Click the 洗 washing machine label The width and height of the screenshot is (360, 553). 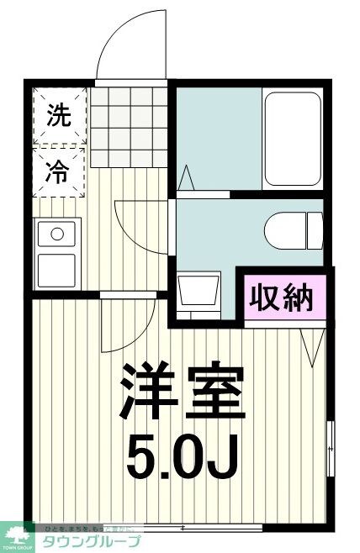[59, 117]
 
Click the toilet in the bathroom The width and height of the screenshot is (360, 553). [292, 229]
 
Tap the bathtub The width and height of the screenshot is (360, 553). [292, 139]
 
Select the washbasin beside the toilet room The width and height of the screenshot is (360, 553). [200, 291]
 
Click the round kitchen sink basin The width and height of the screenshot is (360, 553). [57, 233]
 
